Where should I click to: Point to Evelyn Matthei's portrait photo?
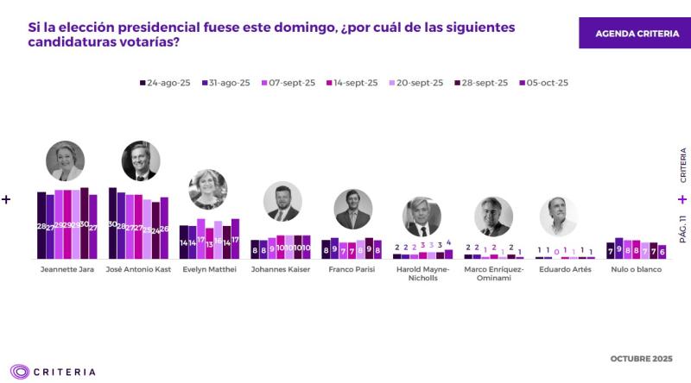[x=207, y=189]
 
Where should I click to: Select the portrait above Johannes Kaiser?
[x=282, y=202]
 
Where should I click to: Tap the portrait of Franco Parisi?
[x=353, y=208]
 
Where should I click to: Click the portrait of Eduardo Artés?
[x=558, y=217]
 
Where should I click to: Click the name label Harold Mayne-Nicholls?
[x=422, y=273]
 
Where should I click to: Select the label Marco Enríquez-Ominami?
[x=494, y=273]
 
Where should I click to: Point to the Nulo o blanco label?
[x=637, y=269]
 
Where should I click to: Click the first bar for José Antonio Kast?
[x=112, y=223]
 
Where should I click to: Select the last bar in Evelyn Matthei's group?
[x=235, y=239]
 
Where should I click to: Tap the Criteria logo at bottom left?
[x=54, y=372]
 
